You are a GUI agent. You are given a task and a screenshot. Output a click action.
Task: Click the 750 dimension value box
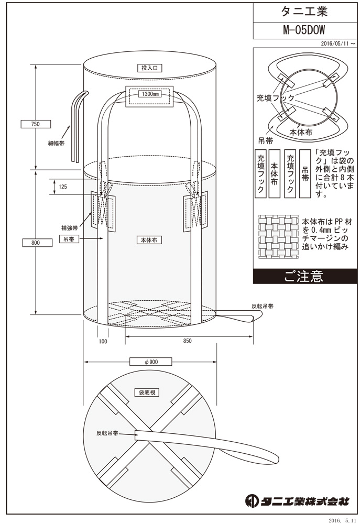pos(35,124)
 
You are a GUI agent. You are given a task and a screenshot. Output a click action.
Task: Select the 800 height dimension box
pos(35,242)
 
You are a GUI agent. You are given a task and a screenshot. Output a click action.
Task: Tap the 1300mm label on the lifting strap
pos(149,95)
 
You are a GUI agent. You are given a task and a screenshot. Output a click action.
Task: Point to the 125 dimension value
pos(63,187)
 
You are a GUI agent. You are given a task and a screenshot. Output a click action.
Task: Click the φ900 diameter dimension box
pos(150,362)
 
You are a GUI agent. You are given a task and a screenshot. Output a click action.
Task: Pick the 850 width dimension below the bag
pos(188,341)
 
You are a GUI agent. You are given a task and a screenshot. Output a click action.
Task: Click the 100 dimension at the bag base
pos(103,341)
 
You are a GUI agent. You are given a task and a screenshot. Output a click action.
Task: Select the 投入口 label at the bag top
pos(150,68)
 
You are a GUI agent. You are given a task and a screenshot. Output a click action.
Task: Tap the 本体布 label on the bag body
pos(149,240)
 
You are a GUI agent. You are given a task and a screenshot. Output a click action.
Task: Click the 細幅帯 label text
pos(56,142)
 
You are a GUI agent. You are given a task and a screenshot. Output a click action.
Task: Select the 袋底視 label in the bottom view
pos(149,392)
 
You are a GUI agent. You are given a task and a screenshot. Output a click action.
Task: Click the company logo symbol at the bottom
pos(251,500)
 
